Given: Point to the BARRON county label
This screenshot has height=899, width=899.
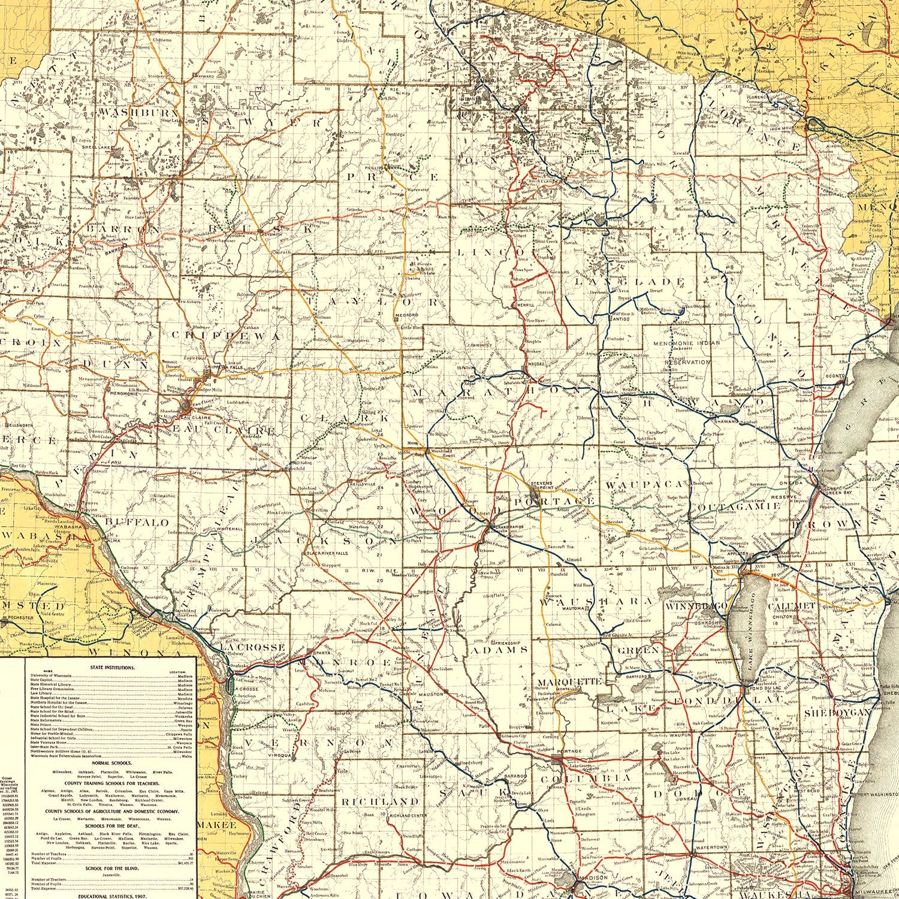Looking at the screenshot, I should click(123, 229).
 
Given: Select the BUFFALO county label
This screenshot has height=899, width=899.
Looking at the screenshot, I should click(137, 522).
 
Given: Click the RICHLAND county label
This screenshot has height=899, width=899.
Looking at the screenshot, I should click(379, 801).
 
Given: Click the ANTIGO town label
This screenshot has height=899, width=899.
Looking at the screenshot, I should click(621, 318).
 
